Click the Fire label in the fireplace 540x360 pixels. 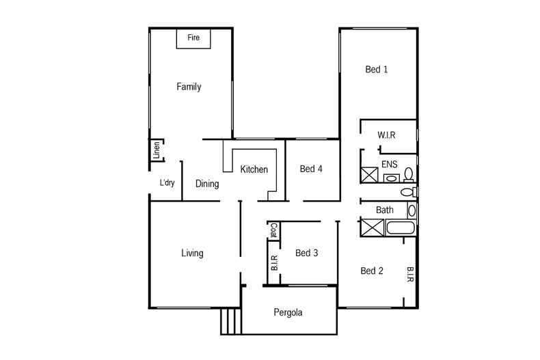193,38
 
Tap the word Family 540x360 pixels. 189,87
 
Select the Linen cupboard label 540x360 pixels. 157,149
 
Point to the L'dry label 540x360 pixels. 166,183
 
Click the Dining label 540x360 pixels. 207,184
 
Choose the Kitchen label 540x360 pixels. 254,169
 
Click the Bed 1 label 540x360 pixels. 377,70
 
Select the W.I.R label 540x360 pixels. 387,135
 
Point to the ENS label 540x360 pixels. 389,164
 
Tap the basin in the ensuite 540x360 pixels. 392,178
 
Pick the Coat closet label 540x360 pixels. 273,231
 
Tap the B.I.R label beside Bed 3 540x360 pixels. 273,264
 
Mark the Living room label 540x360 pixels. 192,253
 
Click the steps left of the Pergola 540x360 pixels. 231,320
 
